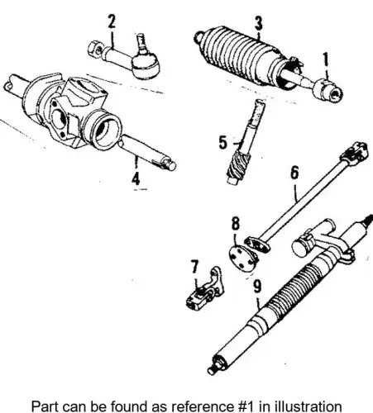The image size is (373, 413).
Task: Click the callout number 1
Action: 326,59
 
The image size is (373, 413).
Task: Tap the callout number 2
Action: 112,21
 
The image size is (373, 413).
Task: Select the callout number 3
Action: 259,23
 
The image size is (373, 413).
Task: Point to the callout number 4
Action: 136,178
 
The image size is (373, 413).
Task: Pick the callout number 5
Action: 223,143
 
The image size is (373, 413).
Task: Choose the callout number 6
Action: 294,173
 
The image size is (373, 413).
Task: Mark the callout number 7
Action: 194,267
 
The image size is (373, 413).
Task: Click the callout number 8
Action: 236,223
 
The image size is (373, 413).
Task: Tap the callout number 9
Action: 257,287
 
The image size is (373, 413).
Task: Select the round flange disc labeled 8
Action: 243,258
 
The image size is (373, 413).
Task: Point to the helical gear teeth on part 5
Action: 238,166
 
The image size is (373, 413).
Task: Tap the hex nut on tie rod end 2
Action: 94,50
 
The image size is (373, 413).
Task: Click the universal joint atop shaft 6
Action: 354,152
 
